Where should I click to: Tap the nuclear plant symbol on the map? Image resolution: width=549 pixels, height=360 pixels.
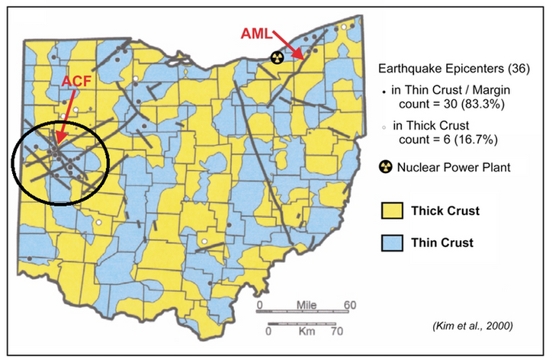[278, 56]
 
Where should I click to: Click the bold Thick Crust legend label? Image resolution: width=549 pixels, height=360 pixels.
[445, 211]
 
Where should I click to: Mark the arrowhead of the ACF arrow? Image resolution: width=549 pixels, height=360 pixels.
[56, 140]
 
